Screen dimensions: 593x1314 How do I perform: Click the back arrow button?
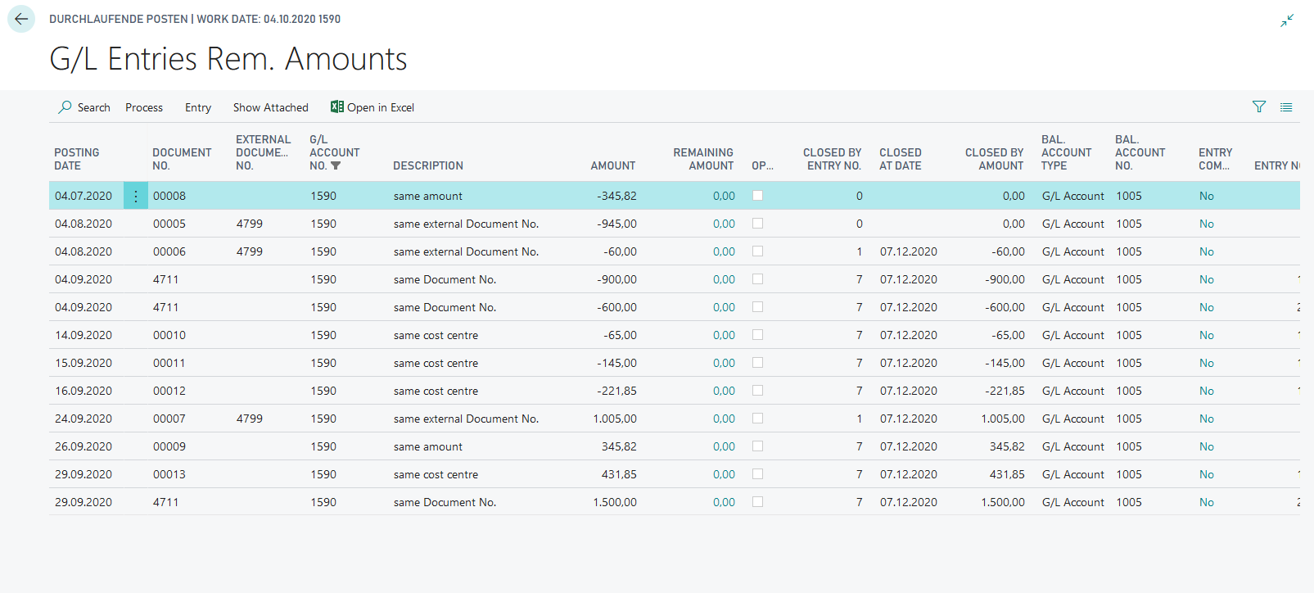pos(21,19)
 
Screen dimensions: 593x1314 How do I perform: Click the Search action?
pos(84,107)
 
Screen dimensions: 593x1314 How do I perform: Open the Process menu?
pos(144,107)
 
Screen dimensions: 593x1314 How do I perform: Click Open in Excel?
pos(373,107)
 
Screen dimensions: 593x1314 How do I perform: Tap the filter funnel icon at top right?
pos(1259,106)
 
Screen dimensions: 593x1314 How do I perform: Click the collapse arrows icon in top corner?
pos(1287,20)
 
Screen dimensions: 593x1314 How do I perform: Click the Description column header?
pos(428,165)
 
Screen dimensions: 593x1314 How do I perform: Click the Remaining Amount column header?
pos(703,159)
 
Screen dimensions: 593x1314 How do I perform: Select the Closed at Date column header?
pos(901,159)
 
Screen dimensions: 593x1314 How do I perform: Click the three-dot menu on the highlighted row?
pos(136,196)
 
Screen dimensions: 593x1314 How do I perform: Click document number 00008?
pos(169,196)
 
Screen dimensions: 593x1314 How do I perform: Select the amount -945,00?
pos(616,224)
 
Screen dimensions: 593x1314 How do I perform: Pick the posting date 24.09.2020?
pos(84,419)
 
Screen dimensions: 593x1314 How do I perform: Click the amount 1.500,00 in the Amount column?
pos(615,502)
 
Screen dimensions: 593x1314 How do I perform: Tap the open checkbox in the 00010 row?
pos(757,335)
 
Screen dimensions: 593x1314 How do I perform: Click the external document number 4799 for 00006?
pos(250,251)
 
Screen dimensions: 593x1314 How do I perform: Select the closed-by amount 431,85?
pos(1007,474)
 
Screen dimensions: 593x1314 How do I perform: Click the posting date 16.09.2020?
pos(84,391)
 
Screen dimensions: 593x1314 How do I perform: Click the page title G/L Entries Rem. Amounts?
pos(228,59)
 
